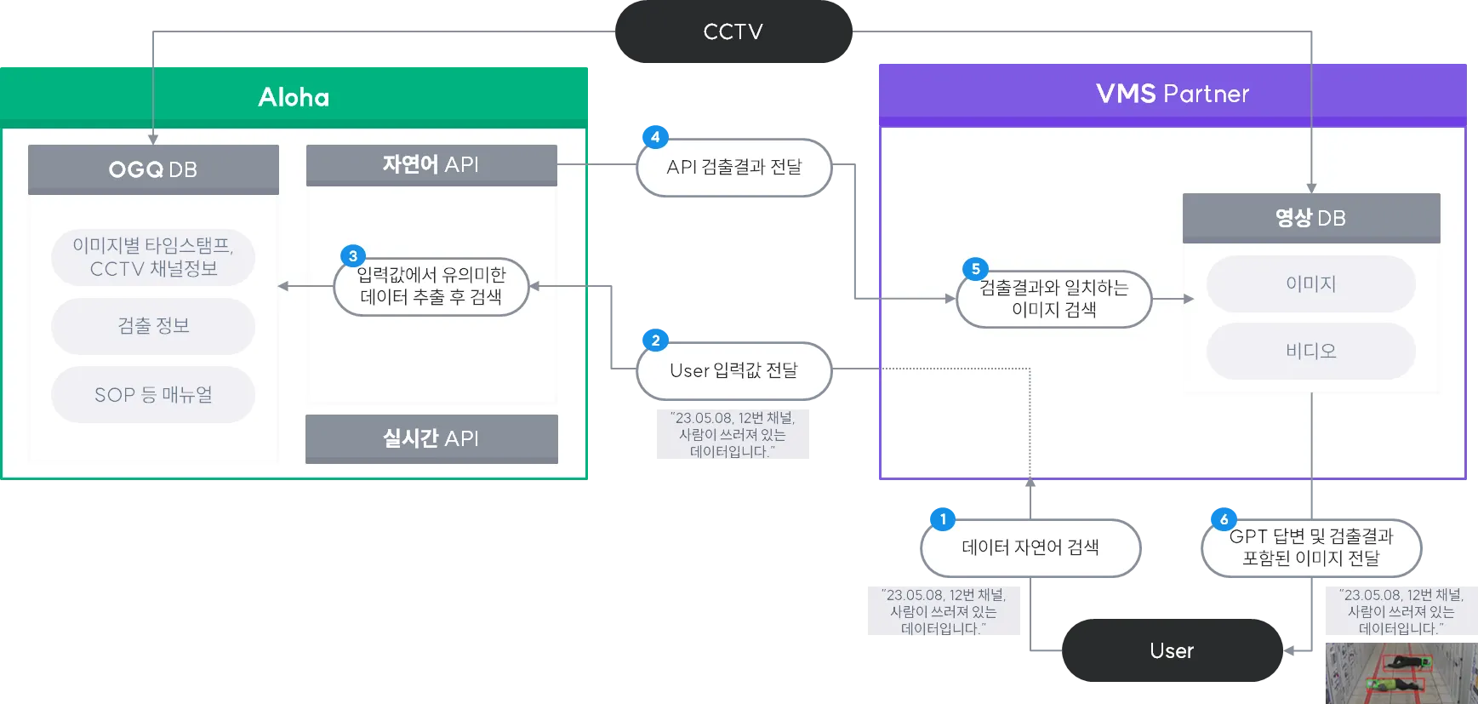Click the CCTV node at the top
point(733,32)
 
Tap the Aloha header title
point(294,97)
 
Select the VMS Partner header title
point(1172,94)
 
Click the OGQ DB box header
point(153,169)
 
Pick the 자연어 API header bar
point(431,164)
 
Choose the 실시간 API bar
point(431,438)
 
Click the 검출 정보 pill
point(153,326)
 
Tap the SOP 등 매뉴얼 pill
point(153,395)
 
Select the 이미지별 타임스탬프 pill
point(153,257)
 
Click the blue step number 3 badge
point(353,256)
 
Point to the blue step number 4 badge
point(655,137)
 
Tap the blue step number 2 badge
point(655,341)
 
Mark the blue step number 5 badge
point(976,269)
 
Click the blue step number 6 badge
point(1224,518)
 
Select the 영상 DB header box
point(1310,218)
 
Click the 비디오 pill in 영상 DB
point(1310,351)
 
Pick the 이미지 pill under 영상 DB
point(1310,284)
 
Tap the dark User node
point(1172,651)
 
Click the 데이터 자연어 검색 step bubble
point(1030,547)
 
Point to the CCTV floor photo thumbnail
point(1399,673)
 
